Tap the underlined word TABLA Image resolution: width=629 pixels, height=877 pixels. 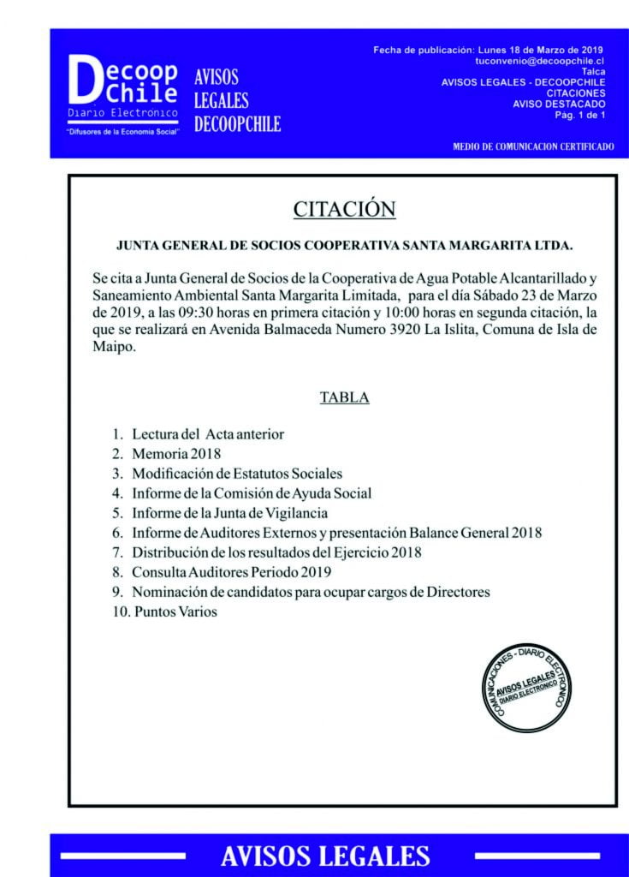[x=344, y=397]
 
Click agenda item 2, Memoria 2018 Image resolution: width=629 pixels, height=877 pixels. [x=176, y=454]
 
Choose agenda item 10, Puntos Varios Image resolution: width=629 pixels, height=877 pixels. [x=175, y=612]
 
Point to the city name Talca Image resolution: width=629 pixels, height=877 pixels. [x=593, y=72]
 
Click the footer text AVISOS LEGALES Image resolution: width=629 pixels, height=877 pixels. [x=324, y=855]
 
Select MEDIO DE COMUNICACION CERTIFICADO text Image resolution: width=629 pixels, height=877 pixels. [x=532, y=146]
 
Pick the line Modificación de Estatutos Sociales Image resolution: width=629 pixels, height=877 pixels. [x=236, y=474]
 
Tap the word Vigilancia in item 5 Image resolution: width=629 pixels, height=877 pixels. [x=297, y=513]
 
